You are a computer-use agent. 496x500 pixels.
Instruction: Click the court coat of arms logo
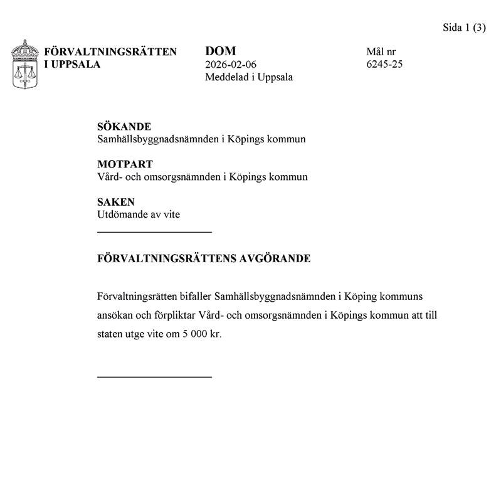tap(25, 65)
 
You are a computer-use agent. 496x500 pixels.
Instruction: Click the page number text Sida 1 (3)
tap(465, 28)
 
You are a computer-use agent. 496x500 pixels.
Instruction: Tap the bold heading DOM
tap(220, 51)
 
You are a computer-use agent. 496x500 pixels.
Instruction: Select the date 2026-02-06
tap(231, 65)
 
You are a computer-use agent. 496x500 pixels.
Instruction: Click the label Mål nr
tap(381, 52)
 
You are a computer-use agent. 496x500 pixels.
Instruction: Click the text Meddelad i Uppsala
tap(249, 77)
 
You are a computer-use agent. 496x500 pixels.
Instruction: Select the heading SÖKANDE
tap(124, 127)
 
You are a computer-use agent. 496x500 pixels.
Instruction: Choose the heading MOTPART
tap(125, 164)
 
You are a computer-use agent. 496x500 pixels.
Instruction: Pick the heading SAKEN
tap(116, 202)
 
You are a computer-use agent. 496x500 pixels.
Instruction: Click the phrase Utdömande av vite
tap(139, 215)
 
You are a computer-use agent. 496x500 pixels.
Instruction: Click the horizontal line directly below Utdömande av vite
tap(154, 232)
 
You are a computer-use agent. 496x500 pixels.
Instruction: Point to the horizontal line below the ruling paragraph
tap(154, 376)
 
